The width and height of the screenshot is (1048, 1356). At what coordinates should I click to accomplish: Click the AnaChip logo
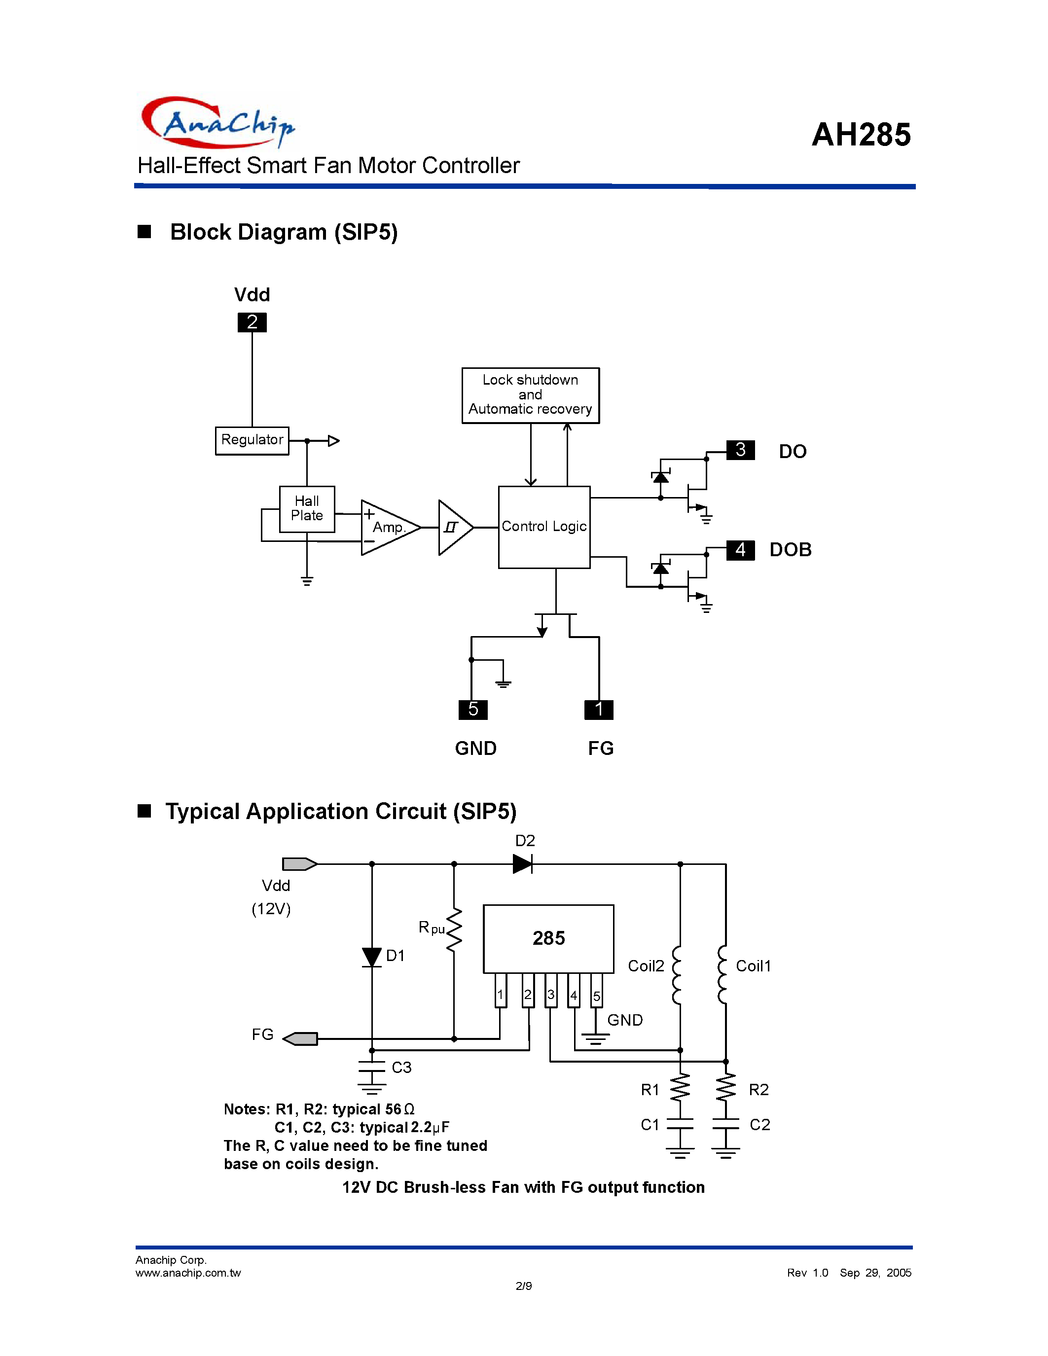tap(217, 122)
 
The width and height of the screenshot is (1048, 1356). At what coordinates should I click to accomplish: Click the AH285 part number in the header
tap(861, 134)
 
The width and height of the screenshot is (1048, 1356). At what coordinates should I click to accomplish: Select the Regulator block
tap(252, 440)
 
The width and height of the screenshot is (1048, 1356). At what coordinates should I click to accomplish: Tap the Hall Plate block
tap(307, 508)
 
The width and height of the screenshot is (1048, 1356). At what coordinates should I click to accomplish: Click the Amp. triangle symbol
tap(388, 527)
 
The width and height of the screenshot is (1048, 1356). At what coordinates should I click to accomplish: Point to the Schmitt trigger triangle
tap(454, 527)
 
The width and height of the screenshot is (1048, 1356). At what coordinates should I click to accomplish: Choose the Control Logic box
tap(544, 527)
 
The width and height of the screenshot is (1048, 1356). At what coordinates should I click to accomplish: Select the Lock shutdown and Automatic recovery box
tap(530, 395)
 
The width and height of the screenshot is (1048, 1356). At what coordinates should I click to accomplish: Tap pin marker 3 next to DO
tap(740, 450)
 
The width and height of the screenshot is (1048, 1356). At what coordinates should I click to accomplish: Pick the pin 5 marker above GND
tap(473, 709)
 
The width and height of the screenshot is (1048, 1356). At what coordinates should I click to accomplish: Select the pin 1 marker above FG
tap(599, 709)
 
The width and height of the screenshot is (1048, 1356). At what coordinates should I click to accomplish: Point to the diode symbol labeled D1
tap(372, 957)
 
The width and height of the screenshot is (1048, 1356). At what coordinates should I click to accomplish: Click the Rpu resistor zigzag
tap(455, 929)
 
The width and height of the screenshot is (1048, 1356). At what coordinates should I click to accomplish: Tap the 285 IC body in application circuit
tap(548, 938)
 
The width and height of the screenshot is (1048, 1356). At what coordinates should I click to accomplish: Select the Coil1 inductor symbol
tap(722, 974)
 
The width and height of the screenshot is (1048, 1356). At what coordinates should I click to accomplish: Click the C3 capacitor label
tap(401, 1067)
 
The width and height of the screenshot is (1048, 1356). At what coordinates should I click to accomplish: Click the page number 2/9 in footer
tap(523, 1286)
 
